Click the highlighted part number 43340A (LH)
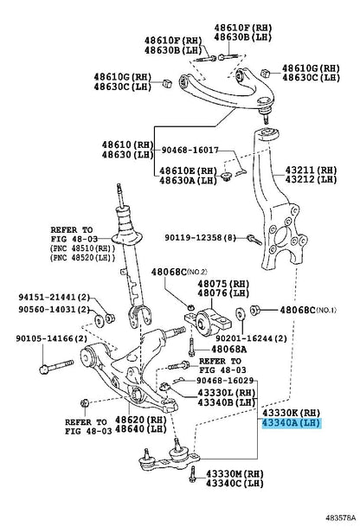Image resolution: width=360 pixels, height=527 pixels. pyautogui.click(x=291, y=423)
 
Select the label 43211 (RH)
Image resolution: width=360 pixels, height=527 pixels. pyautogui.click(x=311, y=170)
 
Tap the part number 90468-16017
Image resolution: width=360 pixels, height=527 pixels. pyautogui.click(x=190, y=150)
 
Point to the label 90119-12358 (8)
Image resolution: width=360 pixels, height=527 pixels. pyautogui.click(x=200, y=238)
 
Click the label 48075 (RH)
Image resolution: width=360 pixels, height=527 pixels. pyautogui.click(x=223, y=284)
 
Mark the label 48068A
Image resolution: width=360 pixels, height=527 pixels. pyautogui.click(x=229, y=350)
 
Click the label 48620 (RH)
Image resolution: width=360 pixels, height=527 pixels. pyautogui.click(x=141, y=420)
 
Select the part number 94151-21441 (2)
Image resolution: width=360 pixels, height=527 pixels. pyautogui.click(x=55, y=297)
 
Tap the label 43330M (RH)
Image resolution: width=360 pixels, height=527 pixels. pyautogui.click(x=235, y=474)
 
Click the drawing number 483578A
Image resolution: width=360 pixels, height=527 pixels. pyautogui.click(x=340, y=518)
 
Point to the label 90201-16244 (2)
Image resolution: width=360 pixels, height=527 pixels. pyautogui.click(x=252, y=338)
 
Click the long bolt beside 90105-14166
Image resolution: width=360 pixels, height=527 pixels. pyautogui.click(x=56, y=366)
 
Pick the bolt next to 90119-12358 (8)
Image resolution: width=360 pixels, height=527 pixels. pyautogui.click(x=254, y=240)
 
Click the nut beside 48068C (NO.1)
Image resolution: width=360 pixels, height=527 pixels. pyautogui.click(x=255, y=310)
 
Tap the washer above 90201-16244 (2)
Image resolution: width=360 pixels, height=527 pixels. pyautogui.click(x=241, y=313)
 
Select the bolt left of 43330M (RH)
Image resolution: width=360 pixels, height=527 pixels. pyautogui.click(x=192, y=474)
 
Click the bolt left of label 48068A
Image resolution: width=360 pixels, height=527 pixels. pyautogui.click(x=191, y=347)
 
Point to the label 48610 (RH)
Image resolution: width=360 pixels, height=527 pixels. pyautogui.click(x=128, y=145)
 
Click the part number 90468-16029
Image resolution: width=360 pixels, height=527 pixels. pyautogui.click(x=225, y=381)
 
